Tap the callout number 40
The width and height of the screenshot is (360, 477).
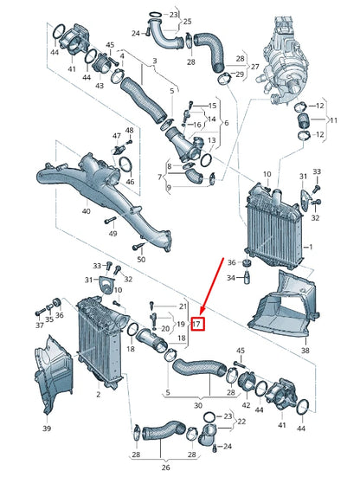point(86,211)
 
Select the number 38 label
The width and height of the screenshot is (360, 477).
point(305,350)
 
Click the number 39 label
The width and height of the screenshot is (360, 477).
point(46,429)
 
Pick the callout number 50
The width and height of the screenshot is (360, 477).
point(141,259)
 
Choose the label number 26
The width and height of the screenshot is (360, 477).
point(165,467)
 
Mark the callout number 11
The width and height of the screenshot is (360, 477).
point(333,120)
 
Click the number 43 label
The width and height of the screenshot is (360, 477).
point(100,86)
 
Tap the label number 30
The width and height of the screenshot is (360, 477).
point(198,405)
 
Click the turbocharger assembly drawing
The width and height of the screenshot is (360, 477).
point(282,61)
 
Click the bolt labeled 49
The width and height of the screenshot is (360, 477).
point(110,220)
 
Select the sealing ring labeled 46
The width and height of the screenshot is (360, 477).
point(125,165)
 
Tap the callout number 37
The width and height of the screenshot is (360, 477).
point(40,326)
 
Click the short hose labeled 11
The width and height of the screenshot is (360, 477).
point(302,120)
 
